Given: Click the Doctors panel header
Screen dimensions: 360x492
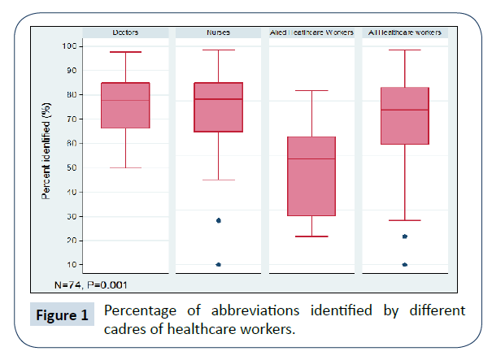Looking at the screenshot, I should pyautogui.click(x=126, y=33).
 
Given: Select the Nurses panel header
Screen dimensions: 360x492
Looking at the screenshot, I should pyautogui.click(x=218, y=33).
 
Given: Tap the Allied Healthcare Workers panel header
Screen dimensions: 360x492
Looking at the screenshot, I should pyautogui.click(x=312, y=33).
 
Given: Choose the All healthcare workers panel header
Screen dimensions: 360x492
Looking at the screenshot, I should pyautogui.click(x=405, y=33).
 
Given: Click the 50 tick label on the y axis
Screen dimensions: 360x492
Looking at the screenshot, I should pyautogui.click(x=71, y=168).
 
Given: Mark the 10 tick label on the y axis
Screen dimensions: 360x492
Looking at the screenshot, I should pyautogui.click(x=71, y=265).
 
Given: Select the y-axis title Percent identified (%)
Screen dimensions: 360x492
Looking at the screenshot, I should pyautogui.click(x=48, y=155).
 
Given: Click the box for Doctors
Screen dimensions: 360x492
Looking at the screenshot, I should pyautogui.click(x=126, y=106).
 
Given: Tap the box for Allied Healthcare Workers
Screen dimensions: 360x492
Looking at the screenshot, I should pyautogui.click(x=312, y=176).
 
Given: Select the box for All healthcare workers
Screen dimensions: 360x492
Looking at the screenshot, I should pyautogui.click(x=405, y=116).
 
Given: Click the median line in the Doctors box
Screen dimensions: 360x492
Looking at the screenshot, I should pyautogui.click(x=126, y=101).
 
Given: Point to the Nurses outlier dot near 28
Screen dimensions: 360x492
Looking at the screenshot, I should pyautogui.click(x=219, y=220).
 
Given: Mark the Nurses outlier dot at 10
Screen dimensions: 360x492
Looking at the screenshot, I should pyautogui.click(x=219, y=265).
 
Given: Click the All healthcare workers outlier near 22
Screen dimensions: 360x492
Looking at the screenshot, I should pyautogui.click(x=405, y=236).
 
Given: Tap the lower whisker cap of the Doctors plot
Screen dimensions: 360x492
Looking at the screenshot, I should pyautogui.click(x=126, y=168).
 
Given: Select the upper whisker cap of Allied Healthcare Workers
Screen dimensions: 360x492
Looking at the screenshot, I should pyautogui.click(x=312, y=91).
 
